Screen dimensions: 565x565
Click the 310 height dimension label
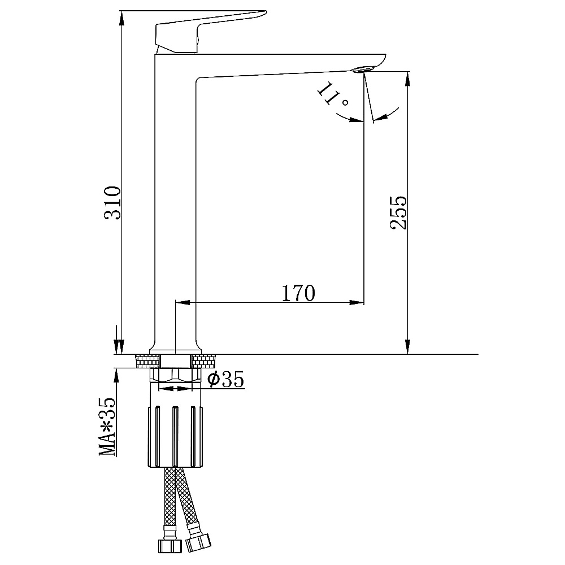pyautogui.click(x=112, y=203)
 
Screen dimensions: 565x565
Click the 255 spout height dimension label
pyautogui.click(x=398, y=212)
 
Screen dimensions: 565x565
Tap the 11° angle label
pyautogui.click(x=332, y=95)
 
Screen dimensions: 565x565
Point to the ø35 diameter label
pyautogui.click(x=227, y=379)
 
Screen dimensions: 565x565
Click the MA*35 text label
pyautogui.click(x=108, y=427)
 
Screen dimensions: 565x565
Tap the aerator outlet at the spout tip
pyautogui.click(x=364, y=69)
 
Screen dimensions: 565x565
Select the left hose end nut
pyautogui.click(x=170, y=546)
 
